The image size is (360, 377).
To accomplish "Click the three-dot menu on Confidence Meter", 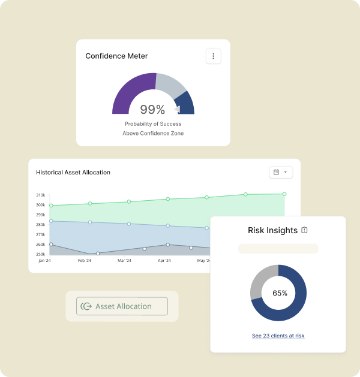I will [214, 56].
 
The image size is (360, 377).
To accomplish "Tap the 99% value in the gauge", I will [152, 110].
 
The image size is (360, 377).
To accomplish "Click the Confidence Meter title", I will [116, 56].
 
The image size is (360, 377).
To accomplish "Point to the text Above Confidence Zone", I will [153, 133].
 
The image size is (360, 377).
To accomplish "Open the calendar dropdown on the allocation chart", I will [281, 172].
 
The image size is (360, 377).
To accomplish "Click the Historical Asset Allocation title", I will [73, 173].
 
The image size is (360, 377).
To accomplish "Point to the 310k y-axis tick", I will [41, 195].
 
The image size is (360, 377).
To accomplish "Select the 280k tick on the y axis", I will [41, 225].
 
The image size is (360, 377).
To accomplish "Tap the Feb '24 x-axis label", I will [85, 261].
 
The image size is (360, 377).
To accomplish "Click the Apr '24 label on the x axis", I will [164, 261].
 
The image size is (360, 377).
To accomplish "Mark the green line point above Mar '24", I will [129, 202].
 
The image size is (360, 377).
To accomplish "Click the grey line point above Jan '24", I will [51, 245].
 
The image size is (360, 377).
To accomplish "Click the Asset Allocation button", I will [122, 306].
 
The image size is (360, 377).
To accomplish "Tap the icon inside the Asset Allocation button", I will [86, 306].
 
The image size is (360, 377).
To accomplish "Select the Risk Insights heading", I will [272, 230].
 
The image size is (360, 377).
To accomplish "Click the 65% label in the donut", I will [280, 293].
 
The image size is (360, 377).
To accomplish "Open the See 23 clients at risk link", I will [278, 336].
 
